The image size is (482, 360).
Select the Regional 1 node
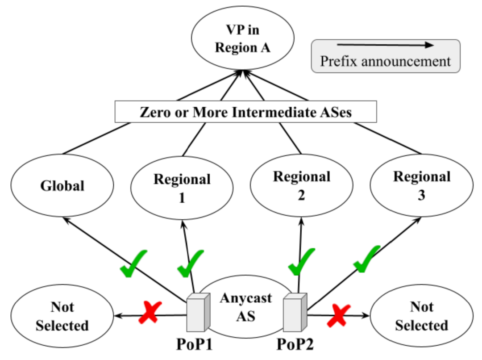(x=182, y=188)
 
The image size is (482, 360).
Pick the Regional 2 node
(x=302, y=185)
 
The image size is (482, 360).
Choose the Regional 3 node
(x=421, y=185)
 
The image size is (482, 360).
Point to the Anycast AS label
(x=245, y=307)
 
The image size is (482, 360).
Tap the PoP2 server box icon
(x=294, y=312)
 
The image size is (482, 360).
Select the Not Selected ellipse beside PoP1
(x=62, y=316)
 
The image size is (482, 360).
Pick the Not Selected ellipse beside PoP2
(x=421, y=316)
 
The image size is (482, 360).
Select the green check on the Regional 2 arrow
(x=302, y=263)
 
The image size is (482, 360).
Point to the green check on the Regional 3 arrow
(x=366, y=259)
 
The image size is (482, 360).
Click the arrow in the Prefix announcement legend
(x=385, y=45)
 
